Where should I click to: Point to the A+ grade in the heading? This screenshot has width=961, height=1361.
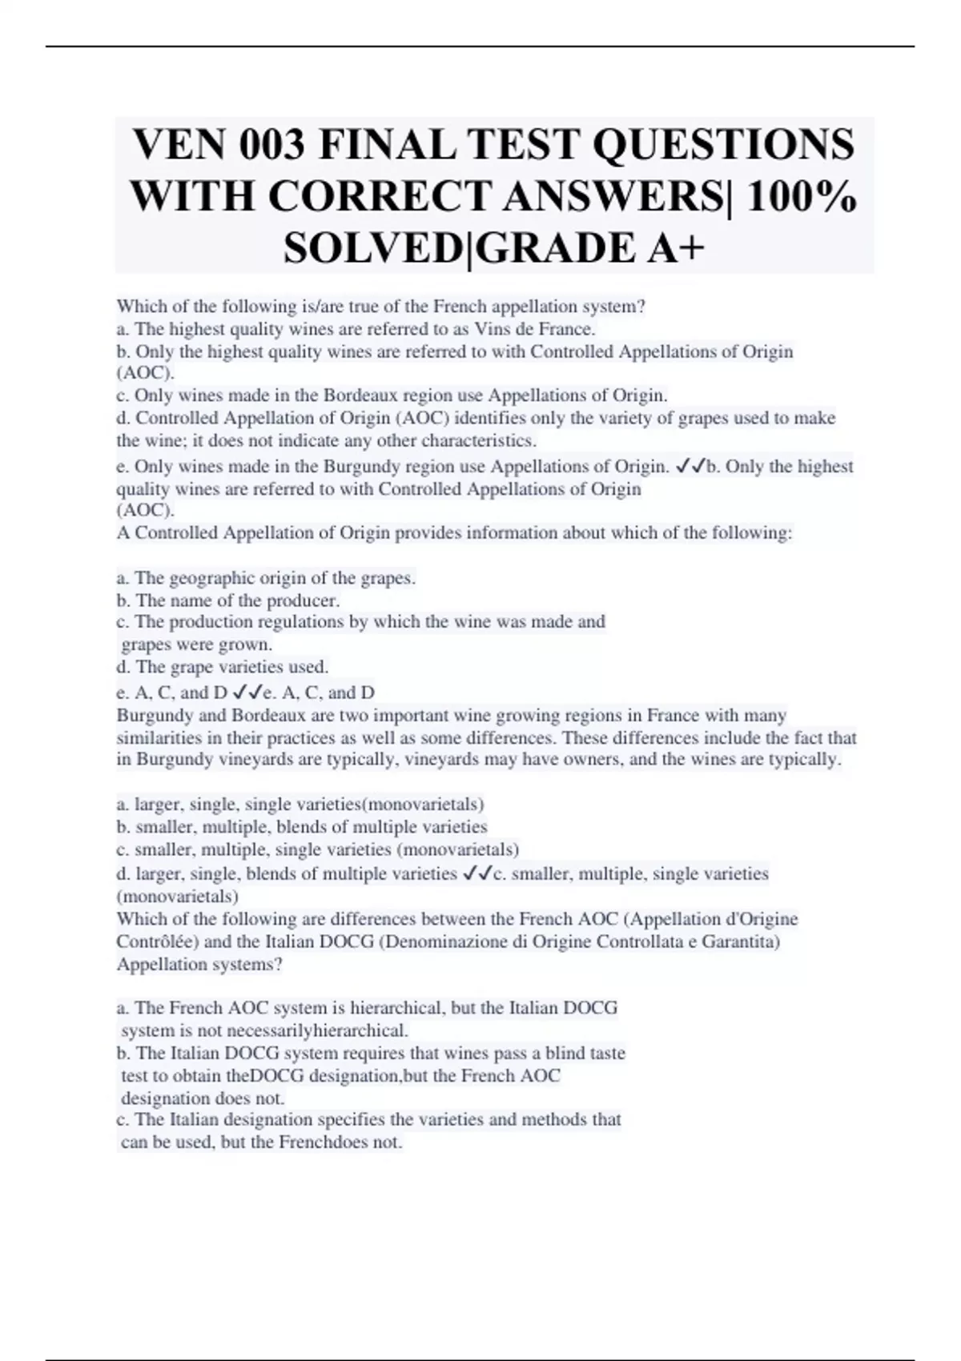pos(674,247)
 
